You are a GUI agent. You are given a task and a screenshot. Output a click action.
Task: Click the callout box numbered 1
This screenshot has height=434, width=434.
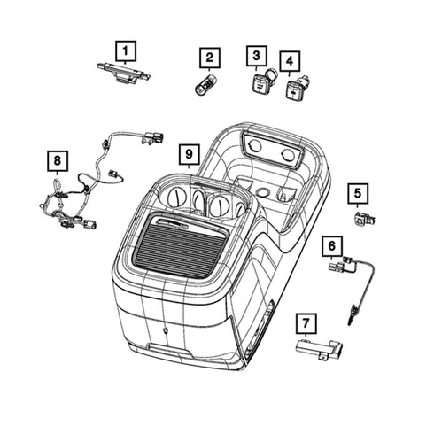point(126,51)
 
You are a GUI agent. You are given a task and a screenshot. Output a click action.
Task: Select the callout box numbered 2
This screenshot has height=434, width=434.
point(210,58)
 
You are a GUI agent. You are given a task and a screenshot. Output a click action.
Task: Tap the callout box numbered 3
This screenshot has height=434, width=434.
point(257,56)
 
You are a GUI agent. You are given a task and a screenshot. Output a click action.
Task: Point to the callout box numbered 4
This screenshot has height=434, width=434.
point(290,61)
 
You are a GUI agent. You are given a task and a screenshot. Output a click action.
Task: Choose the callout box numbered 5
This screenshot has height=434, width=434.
point(358,194)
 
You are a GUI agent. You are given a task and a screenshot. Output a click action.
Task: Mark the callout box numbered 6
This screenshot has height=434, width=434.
point(332,246)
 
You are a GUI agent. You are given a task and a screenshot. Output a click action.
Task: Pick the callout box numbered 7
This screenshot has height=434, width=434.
point(306,323)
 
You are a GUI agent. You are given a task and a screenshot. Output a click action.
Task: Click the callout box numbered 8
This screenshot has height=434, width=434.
point(58,161)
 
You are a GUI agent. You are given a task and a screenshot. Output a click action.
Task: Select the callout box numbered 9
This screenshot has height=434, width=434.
point(190,154)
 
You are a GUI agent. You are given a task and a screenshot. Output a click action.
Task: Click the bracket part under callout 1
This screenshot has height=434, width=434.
point(124,74)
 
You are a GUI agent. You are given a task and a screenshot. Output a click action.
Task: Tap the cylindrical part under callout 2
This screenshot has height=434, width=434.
point(206,84)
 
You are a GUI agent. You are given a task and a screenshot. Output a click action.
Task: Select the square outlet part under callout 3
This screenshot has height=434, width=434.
point(260,83)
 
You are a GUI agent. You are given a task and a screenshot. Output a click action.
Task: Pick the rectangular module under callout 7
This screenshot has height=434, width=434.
point(320,350)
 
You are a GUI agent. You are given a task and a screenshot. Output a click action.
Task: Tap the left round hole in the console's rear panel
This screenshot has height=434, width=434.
point(254,146)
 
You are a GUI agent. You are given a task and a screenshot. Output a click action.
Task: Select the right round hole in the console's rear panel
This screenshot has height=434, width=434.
point(287,155)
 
